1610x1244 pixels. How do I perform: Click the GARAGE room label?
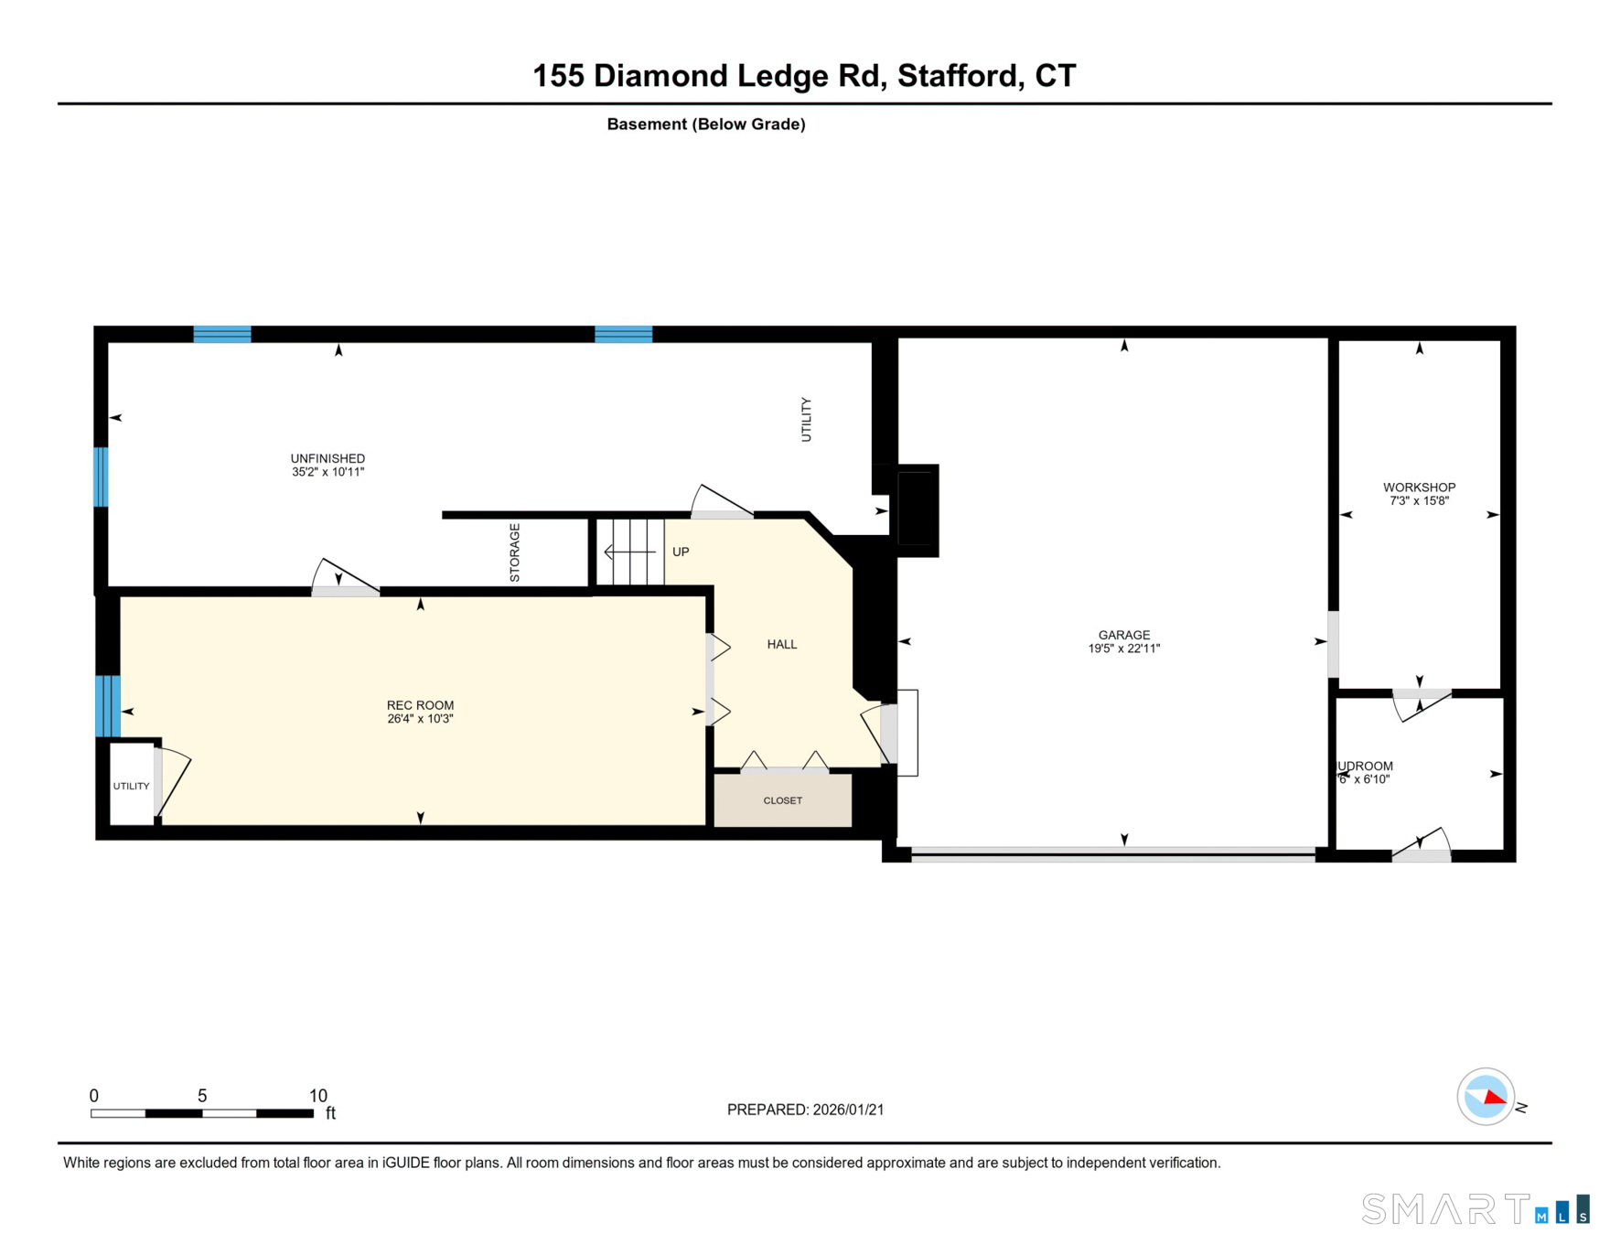[x=1123, y=635]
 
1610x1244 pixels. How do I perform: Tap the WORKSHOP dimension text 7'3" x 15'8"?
[x=1419, y=501]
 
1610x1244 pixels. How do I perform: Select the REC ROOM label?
[x=420, y=705]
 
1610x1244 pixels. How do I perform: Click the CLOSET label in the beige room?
[x=782, y=800]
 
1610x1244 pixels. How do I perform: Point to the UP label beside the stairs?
[x=681, y=552]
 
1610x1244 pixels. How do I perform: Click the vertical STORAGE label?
[x=515, y=552]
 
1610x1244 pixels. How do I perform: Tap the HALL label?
[x=781, y=644]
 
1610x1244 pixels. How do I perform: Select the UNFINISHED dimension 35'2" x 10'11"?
[x=327, y=472]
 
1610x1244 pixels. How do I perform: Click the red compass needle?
[x=1493, y=1096]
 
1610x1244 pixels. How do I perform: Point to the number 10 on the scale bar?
[x=317, y=1096]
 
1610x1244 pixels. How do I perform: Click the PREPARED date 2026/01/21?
[x=848, y=1110]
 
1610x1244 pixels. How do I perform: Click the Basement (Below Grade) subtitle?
[x=705, y=124]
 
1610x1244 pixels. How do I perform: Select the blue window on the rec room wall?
[x=108, y=705]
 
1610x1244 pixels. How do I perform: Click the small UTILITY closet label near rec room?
[x=131, y=786]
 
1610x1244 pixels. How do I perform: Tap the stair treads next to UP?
[x=631, y=552]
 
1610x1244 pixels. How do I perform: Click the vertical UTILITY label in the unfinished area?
[x=806, y=419]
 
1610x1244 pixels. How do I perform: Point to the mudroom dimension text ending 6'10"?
[x=1365, y=779]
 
